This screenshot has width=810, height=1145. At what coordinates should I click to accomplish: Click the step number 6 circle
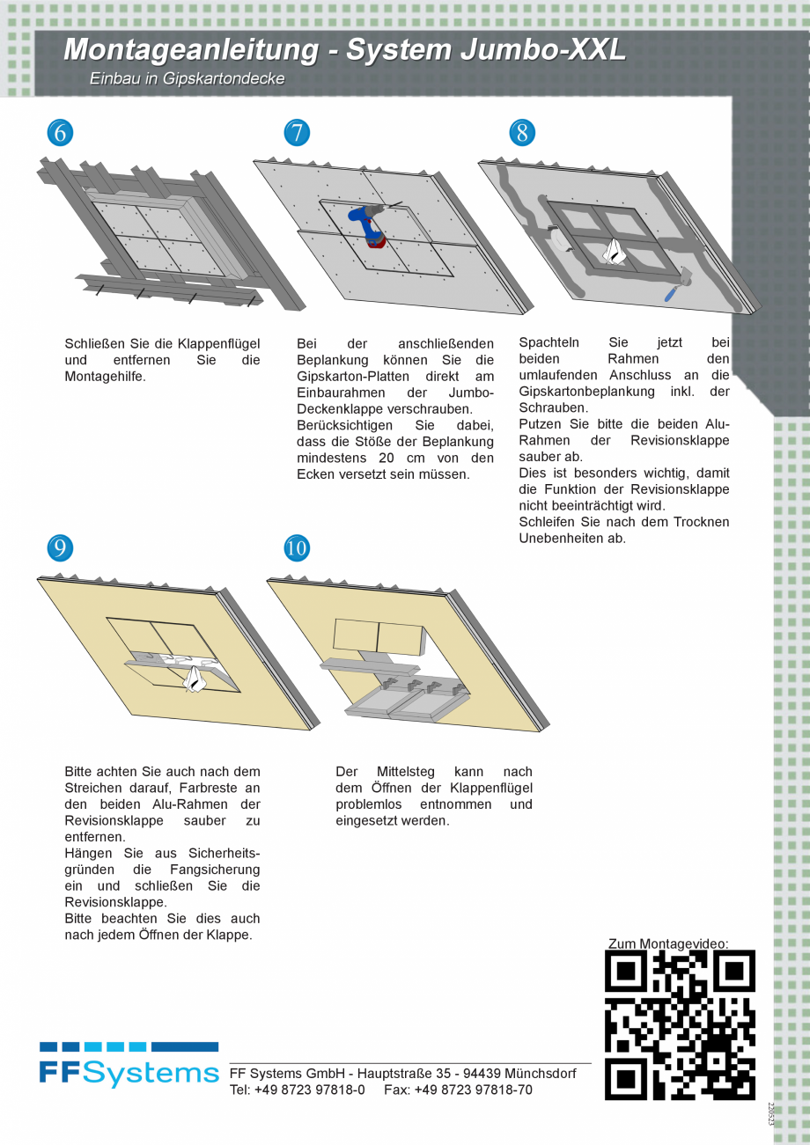[60, 133]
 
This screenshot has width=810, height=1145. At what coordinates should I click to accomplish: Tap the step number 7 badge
[297, 133]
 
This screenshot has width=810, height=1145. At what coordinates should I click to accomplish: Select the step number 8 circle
[522, 133]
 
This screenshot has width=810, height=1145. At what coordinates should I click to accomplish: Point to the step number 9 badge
[60, 548]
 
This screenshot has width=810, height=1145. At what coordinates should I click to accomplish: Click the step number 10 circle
[297, 548]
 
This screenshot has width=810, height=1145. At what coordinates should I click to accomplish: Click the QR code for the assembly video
[680, 1025]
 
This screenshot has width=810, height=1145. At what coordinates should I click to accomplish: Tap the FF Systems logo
[129, 1065]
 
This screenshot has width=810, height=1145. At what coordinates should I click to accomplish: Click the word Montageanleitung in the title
[191, 50]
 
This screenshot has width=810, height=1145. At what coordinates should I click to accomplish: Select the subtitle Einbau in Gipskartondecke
[187, 79]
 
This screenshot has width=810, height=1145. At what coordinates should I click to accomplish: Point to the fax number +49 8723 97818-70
[473, 1090]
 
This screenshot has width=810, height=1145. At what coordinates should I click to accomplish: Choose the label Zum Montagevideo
[668, 943]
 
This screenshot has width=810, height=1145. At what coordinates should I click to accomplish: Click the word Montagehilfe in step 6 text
[105, 376]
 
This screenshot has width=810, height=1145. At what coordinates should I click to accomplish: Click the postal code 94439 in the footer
[481, 1074]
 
